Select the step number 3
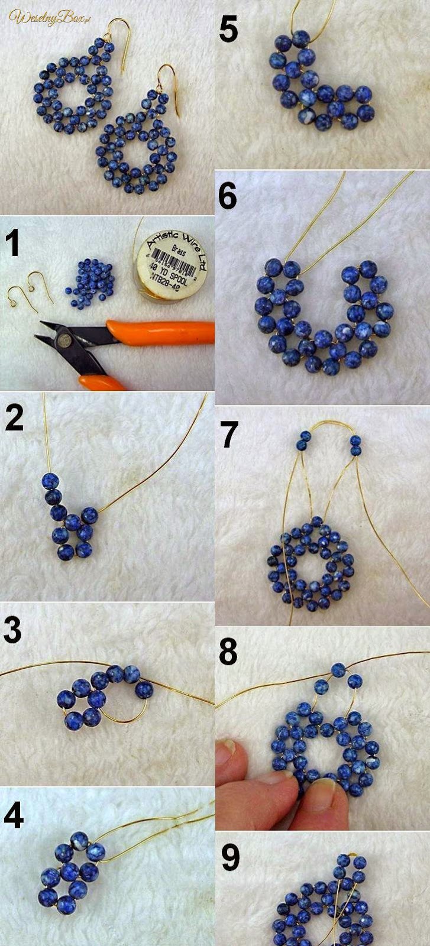(12, 630)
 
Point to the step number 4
(13, 817)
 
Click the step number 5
(228, 30)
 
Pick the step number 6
(228, 196)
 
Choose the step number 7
(228, 435)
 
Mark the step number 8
(228, 652)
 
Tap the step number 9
(229, 858)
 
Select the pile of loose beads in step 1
(94, 281)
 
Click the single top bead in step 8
(338, 670)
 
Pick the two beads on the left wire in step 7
(304, 441)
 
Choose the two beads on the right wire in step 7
(355, 445)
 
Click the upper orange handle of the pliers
(160, 332)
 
